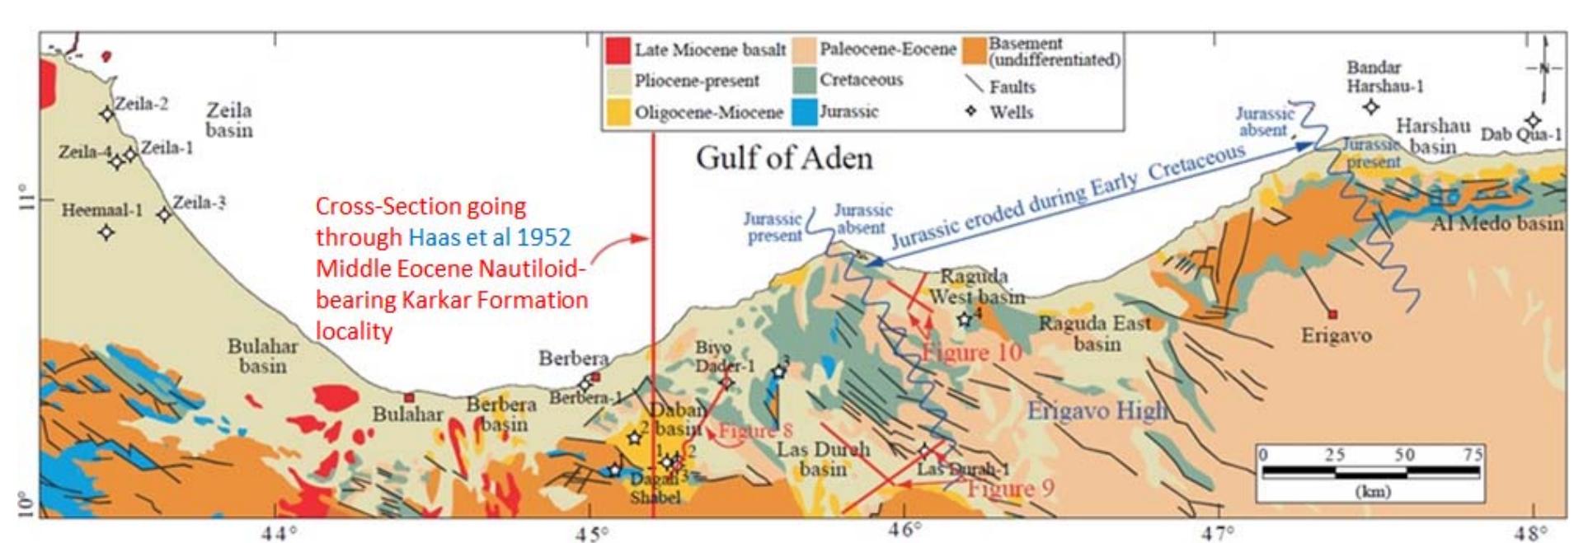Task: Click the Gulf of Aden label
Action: tap(783, 157)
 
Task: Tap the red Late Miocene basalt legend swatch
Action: tap(618, 49)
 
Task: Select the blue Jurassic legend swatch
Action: tap(804, 112)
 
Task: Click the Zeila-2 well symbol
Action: tap(107, 114)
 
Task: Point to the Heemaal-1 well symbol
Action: tap(106, 232)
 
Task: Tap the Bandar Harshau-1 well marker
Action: tap(1370, 106)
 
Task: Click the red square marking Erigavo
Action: tap(1332, 314)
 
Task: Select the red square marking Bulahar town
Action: tap(408, 398)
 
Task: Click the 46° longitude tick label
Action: tap(904, 530)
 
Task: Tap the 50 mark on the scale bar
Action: tap(1404, 455)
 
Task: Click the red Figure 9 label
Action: tap(1010, 489)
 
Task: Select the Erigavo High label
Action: tap(1097, 410)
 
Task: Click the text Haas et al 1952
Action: tap(490, 237)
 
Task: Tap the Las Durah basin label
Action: tap(822, 459)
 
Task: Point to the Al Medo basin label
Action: tap(1496, 223)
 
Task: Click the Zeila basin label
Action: tap(228, 120)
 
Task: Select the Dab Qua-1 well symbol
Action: tap(1532, 121)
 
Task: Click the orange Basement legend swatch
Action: tap(975, 51)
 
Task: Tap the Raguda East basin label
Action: tap(1094, 333)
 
